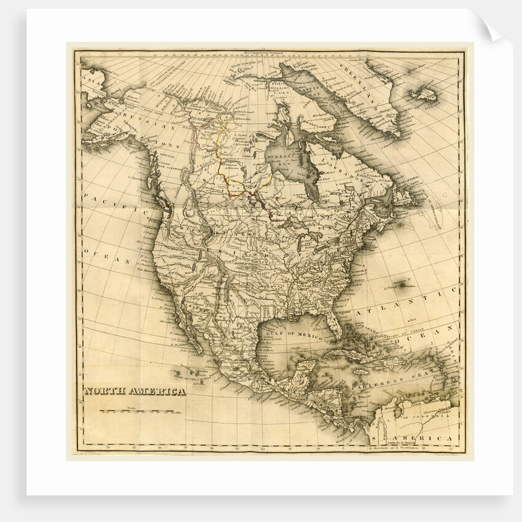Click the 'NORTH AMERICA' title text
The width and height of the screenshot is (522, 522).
[x=134, y=391]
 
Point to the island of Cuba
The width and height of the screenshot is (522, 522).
[x=350, y=354]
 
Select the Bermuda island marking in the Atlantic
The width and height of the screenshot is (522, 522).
[x=404, y=284]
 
